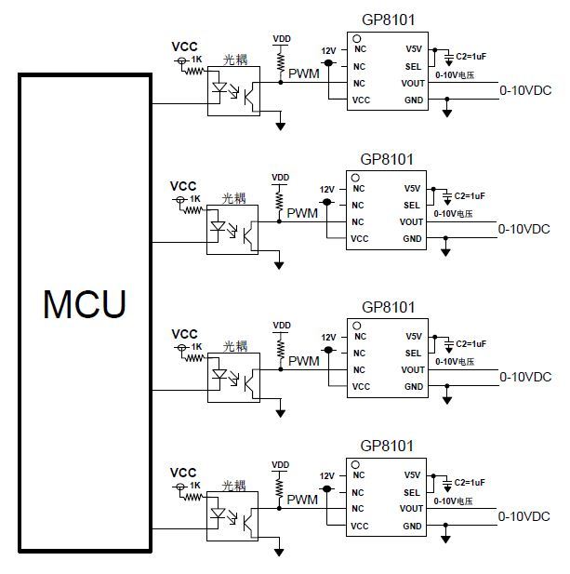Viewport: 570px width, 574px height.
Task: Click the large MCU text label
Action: (x=84, y=304)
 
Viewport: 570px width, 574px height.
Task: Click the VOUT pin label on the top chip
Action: (x=413, y=83)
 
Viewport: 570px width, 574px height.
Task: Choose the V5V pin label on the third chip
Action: (x=414, y=336)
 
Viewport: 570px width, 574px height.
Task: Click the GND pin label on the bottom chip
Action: (x=414, y=526)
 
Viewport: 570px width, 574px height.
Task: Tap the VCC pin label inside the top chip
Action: (x=361, y=100)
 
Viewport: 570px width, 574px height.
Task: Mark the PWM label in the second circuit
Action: (x=302, y=213)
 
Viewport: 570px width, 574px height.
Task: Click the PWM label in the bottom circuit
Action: (x=302, y=500)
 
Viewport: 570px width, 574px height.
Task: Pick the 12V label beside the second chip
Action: (x=327, y=189)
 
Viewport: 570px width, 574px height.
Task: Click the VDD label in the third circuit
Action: (x=280, y=325)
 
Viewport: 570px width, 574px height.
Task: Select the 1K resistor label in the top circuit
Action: (x=196, y=60)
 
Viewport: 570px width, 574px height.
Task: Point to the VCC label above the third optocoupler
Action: (x=185, y=333)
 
